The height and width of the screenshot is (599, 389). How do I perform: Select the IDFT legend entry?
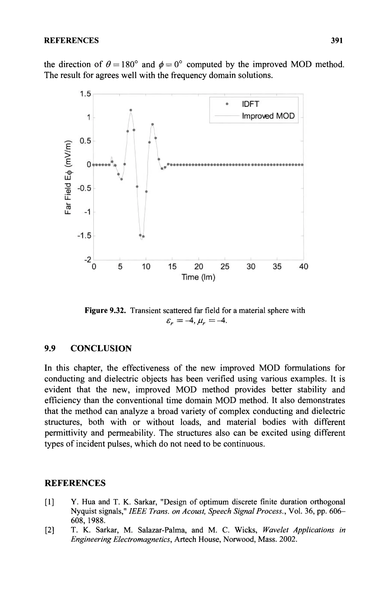tap(250, 104)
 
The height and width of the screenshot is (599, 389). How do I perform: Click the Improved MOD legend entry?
tap(268, 116)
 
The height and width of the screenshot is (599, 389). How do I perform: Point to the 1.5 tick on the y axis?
tap(85, 94)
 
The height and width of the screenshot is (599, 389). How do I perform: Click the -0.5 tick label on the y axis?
tap(84, 189)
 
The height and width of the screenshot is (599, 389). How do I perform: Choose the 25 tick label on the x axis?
tap(225, 267)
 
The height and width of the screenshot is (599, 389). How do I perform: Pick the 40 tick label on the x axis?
tap(303, 267)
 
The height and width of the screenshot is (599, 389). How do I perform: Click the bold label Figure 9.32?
tap(105, 310)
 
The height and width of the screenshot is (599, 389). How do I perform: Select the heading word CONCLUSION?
tap(101, 349)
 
